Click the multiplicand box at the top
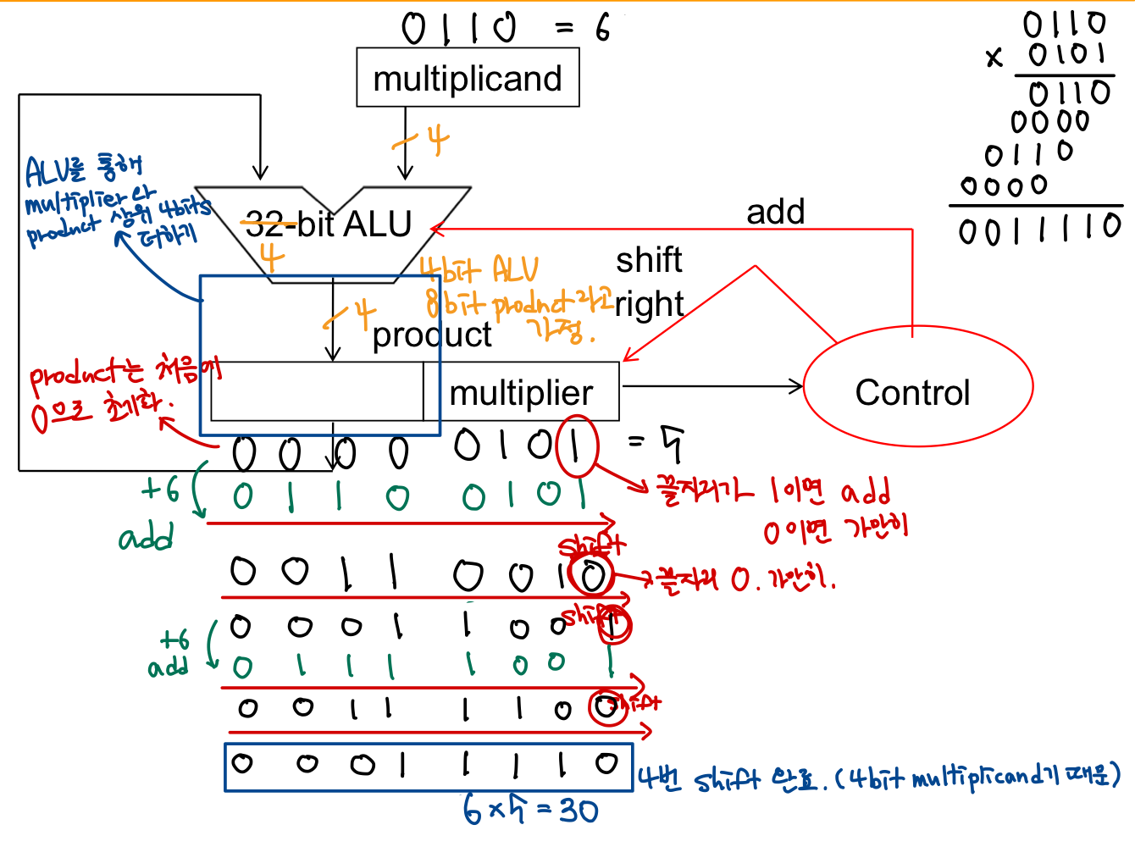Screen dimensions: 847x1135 point(468,78)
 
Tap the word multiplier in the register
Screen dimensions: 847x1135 point(521,393)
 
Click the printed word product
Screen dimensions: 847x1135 point(432,335)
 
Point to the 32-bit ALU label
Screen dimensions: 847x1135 point(328,224)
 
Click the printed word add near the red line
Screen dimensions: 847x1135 point(775,212)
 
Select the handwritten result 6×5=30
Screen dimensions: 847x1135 point(531,811)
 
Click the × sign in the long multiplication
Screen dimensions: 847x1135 point(994,58)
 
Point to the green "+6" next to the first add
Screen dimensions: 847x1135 point(160,489)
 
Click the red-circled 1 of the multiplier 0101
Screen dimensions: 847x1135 point(577,446)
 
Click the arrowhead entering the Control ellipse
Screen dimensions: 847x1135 point(797,387)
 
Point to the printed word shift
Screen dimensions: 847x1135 point(649,260)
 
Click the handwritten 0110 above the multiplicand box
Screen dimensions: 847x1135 point(459,28)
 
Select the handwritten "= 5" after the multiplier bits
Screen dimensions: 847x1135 point(656,442)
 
